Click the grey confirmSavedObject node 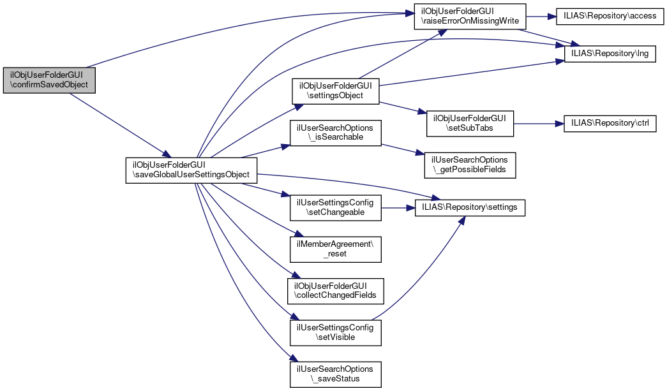[49, 80]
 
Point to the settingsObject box [336, 91]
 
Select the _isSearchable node [336, 133]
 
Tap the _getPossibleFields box [471, 165]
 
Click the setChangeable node [336, 207]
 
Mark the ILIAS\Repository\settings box [470, 207]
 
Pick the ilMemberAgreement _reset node [336, 249]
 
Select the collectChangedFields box [336, 290]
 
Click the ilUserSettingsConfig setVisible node [336, 332]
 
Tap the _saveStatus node [336, 374]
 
